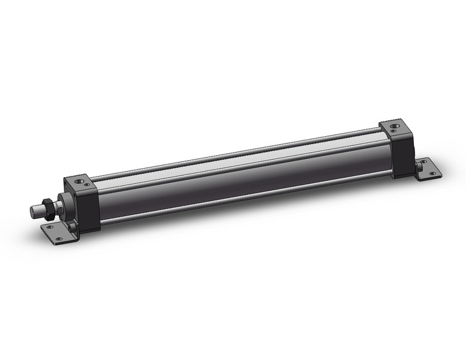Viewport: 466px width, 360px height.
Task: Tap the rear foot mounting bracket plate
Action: pyautogui.click(x=427, y=169)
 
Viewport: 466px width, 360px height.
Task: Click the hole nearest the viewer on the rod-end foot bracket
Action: pyautogui.click(x=59, y=239)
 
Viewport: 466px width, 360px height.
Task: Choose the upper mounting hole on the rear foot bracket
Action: pyautogui.click(x=422, y=161)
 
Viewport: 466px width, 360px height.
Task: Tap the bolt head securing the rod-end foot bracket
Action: pyautogui.click(x=73, y=228)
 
